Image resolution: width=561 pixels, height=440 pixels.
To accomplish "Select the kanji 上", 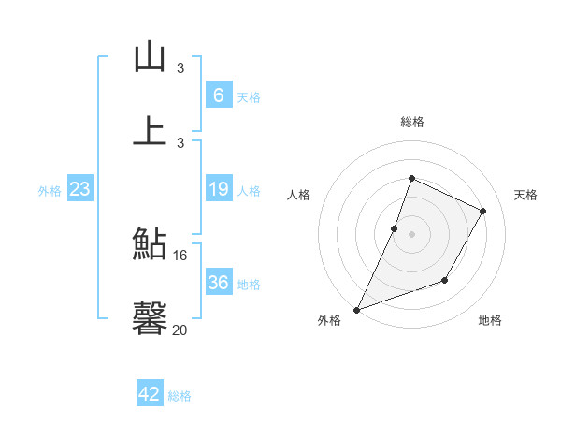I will coord(150,129).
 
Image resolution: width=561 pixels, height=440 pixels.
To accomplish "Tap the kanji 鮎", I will coord(150,243).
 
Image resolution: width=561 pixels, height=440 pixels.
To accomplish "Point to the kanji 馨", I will coord(150,316).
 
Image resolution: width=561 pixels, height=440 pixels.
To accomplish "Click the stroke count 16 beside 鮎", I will coord(180,255).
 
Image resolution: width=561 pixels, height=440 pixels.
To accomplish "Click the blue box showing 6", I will coord(218,95).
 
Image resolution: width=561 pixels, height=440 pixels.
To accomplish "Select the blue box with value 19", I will coord(218,189).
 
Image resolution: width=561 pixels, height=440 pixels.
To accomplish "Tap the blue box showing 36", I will coord(218,283).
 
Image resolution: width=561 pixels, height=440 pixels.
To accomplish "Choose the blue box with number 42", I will coord(150,394).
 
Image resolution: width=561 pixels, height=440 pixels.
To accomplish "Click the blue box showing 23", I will coord(80,189).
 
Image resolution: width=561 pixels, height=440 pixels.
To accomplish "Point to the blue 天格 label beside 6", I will coord(249,96).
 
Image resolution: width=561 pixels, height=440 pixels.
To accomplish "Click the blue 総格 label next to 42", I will coord(180,395).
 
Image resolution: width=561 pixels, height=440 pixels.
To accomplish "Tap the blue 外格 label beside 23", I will coord(50,190).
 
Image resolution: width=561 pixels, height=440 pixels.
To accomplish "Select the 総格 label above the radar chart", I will coord(412,122).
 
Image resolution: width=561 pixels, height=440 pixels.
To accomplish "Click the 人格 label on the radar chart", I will coord(298,195).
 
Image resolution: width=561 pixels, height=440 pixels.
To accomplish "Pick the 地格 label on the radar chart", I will coord(490,321).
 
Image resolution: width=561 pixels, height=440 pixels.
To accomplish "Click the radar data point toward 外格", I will coord(356,310).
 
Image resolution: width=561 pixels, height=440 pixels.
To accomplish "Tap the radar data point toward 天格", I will coord(483,212).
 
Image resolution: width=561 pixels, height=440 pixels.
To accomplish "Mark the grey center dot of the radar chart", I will coord(412,234).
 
